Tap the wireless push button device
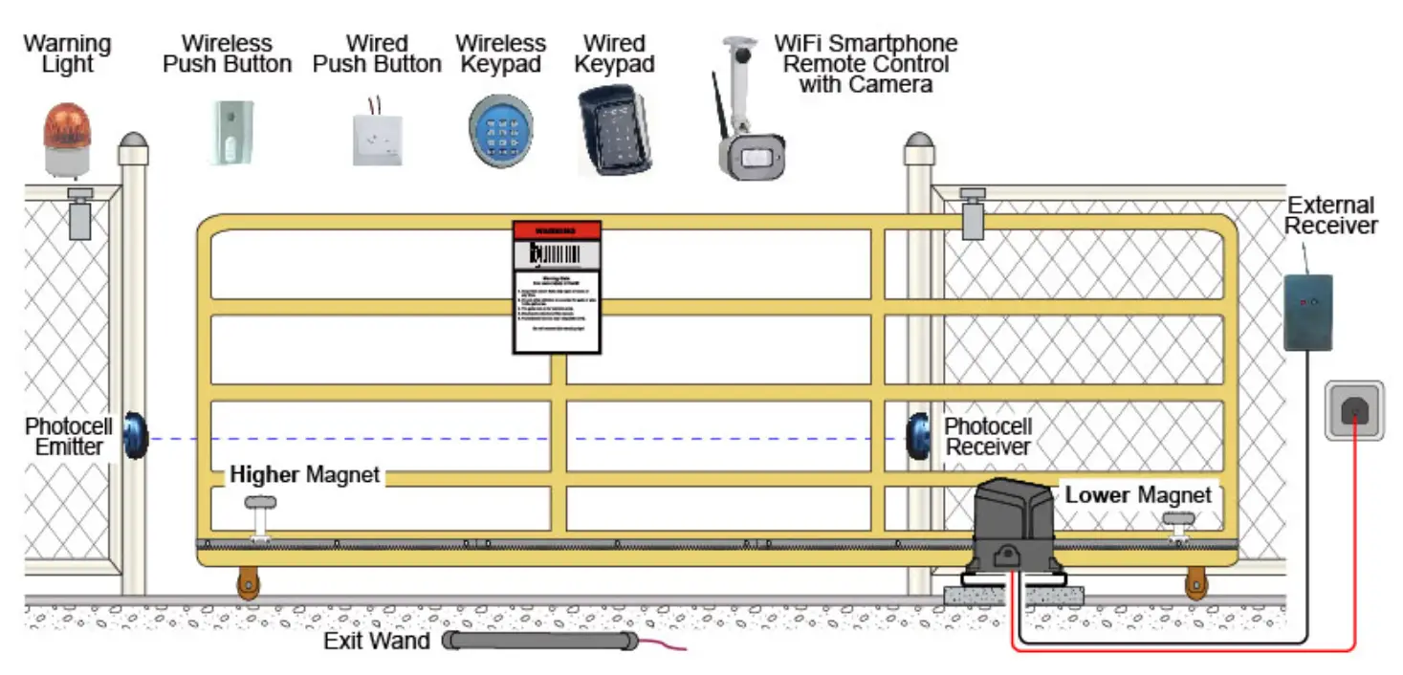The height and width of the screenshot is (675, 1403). (x=231, y=132)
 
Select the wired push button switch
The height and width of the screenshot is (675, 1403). (x=377, y=140)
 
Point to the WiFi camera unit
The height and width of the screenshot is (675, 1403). (x=752, y=153)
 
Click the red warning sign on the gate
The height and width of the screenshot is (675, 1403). (x=557, y=287)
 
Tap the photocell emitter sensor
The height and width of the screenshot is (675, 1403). (x=135, y=436)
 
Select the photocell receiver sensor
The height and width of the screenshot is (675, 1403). (x=920, y=437)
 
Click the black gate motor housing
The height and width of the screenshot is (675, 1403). (x=1017, y=527)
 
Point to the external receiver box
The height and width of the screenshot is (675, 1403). (x=1307, y=312)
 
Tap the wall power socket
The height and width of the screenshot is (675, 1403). (x=1354, y=410)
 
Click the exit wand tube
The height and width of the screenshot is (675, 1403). (x=541, y=641)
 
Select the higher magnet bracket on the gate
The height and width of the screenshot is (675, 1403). (x=260, y=517)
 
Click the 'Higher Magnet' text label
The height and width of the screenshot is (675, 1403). (x=304, y=474)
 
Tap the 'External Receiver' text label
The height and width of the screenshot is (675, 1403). (x=1330, y=215)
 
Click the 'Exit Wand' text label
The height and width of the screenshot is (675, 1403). (x=377, y=641)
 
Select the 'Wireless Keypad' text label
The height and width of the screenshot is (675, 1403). (x=500, y=54)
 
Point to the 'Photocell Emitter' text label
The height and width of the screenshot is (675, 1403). (x=68, y=436)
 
